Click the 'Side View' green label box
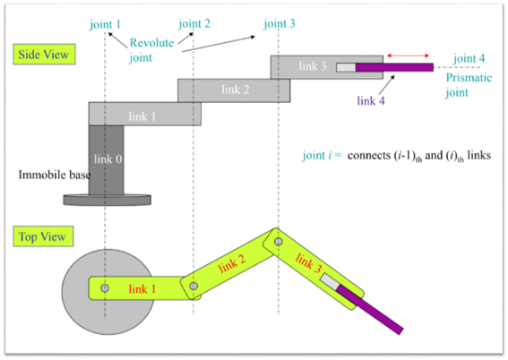coord(45,54)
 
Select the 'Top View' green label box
coord(43,236)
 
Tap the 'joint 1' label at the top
coord(106,24)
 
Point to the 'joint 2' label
coord(194,23)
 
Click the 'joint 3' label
coord(280,23)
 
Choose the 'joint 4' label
coord(469,58)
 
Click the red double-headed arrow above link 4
coord(409,56)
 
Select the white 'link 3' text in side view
coord(313,66)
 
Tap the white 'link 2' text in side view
coord(236,90)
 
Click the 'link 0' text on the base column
coord(108,159)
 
